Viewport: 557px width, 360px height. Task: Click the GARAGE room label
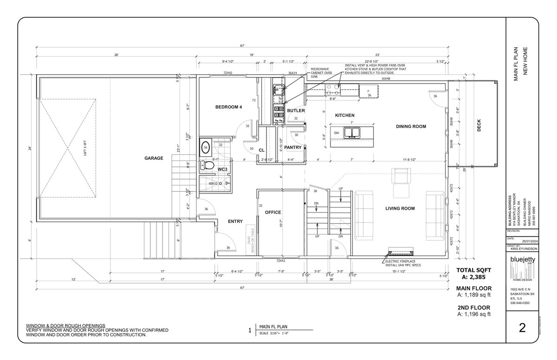154,158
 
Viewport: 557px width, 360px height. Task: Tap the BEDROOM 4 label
228,107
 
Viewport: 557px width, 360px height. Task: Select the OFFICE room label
273,212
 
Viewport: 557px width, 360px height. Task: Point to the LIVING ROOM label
400,208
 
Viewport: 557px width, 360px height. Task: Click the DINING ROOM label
411,126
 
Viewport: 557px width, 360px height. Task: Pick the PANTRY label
293,148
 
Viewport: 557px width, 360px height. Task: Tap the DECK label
479,127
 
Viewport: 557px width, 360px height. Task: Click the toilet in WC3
207,165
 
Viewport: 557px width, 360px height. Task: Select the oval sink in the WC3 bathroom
206,148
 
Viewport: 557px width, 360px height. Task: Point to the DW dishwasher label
336,133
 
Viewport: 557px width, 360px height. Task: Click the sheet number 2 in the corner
522,328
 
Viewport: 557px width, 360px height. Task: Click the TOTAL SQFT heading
474,270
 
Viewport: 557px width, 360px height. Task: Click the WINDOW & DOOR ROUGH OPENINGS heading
65,326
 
